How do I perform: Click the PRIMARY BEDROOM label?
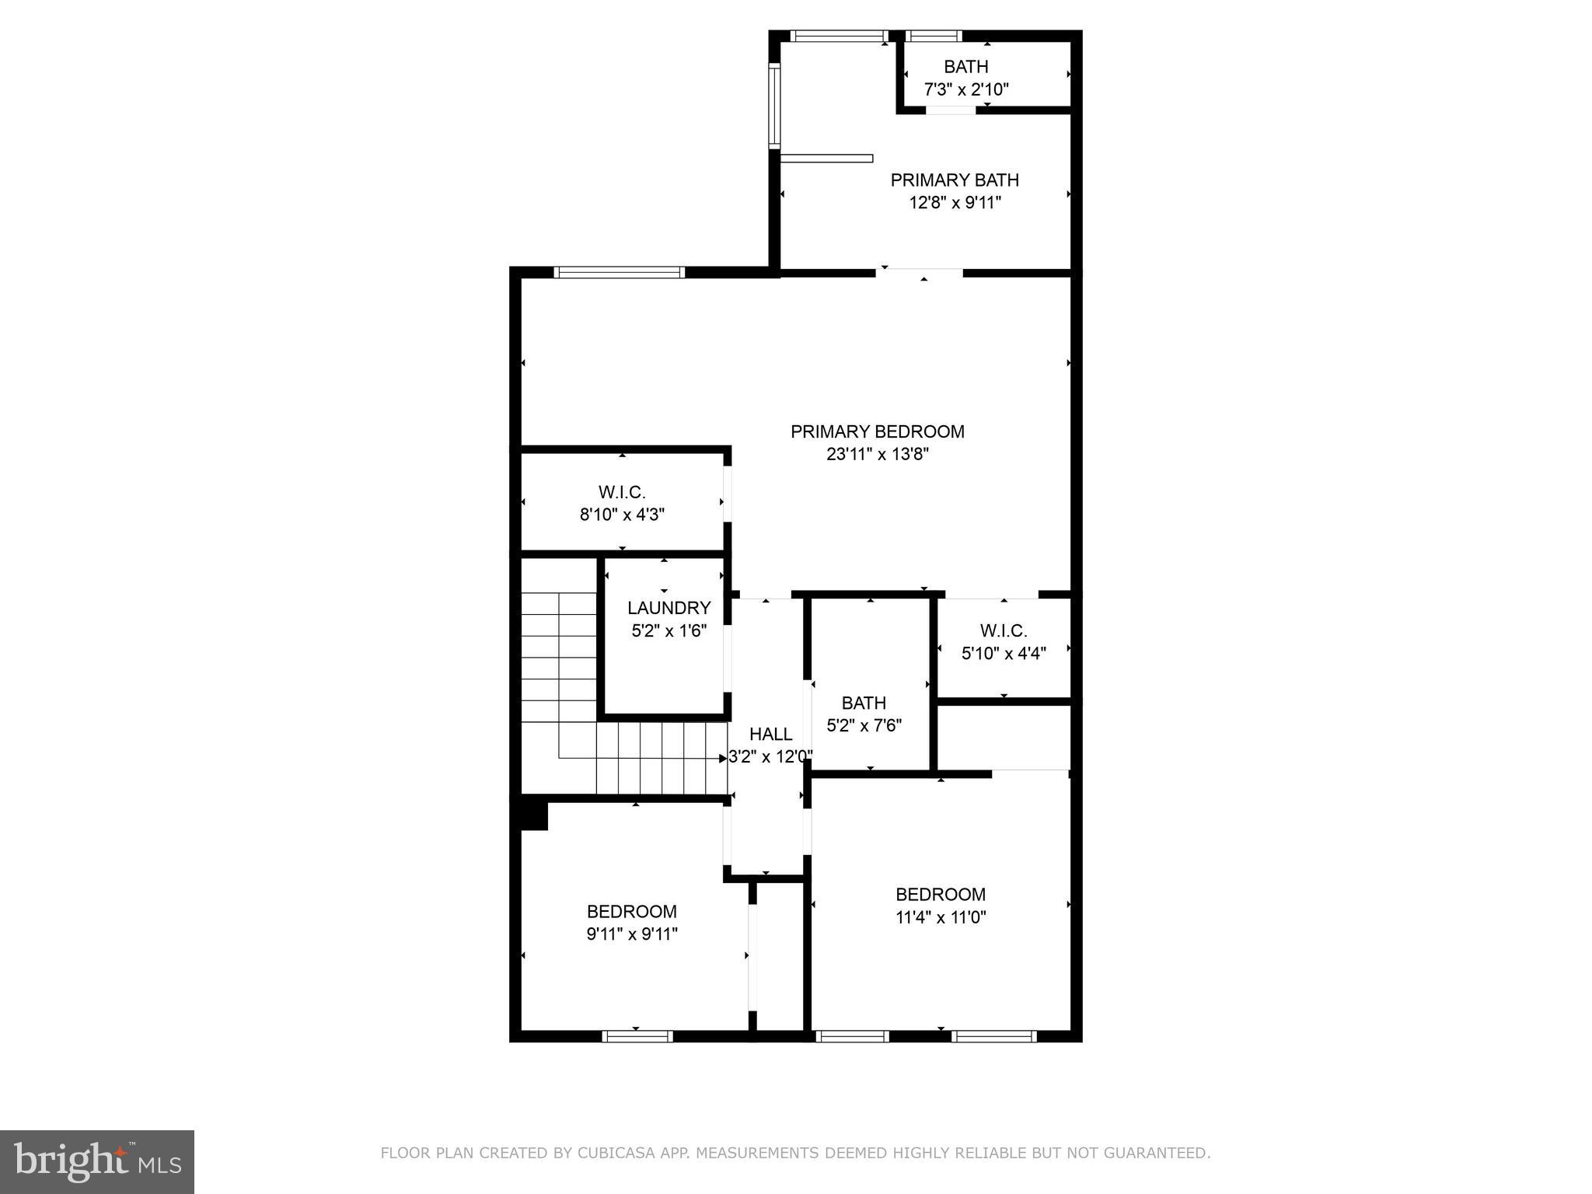[877, 431]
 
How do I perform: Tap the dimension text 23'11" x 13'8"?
[877, 454]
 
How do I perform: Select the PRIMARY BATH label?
[954, 180]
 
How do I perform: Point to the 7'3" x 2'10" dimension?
[965, 89]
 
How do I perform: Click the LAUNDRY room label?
[669, 608]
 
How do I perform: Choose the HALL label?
[770, 734]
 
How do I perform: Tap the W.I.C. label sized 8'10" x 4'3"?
[622, 492]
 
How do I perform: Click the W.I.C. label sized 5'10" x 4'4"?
[1003, 630]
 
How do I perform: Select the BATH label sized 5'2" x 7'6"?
[863, 703]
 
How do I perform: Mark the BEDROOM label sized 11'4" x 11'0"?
[940, 894]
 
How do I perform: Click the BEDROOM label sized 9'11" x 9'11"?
[631, 911]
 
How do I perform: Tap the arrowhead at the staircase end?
[723, 758]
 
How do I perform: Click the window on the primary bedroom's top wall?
[619, 272]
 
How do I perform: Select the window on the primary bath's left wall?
[774, 106]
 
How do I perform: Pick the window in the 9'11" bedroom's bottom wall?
[637, 1035]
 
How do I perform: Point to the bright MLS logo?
[97, 1162]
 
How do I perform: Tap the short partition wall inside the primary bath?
[826, 159]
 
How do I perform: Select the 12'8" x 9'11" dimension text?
[954, 203]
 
